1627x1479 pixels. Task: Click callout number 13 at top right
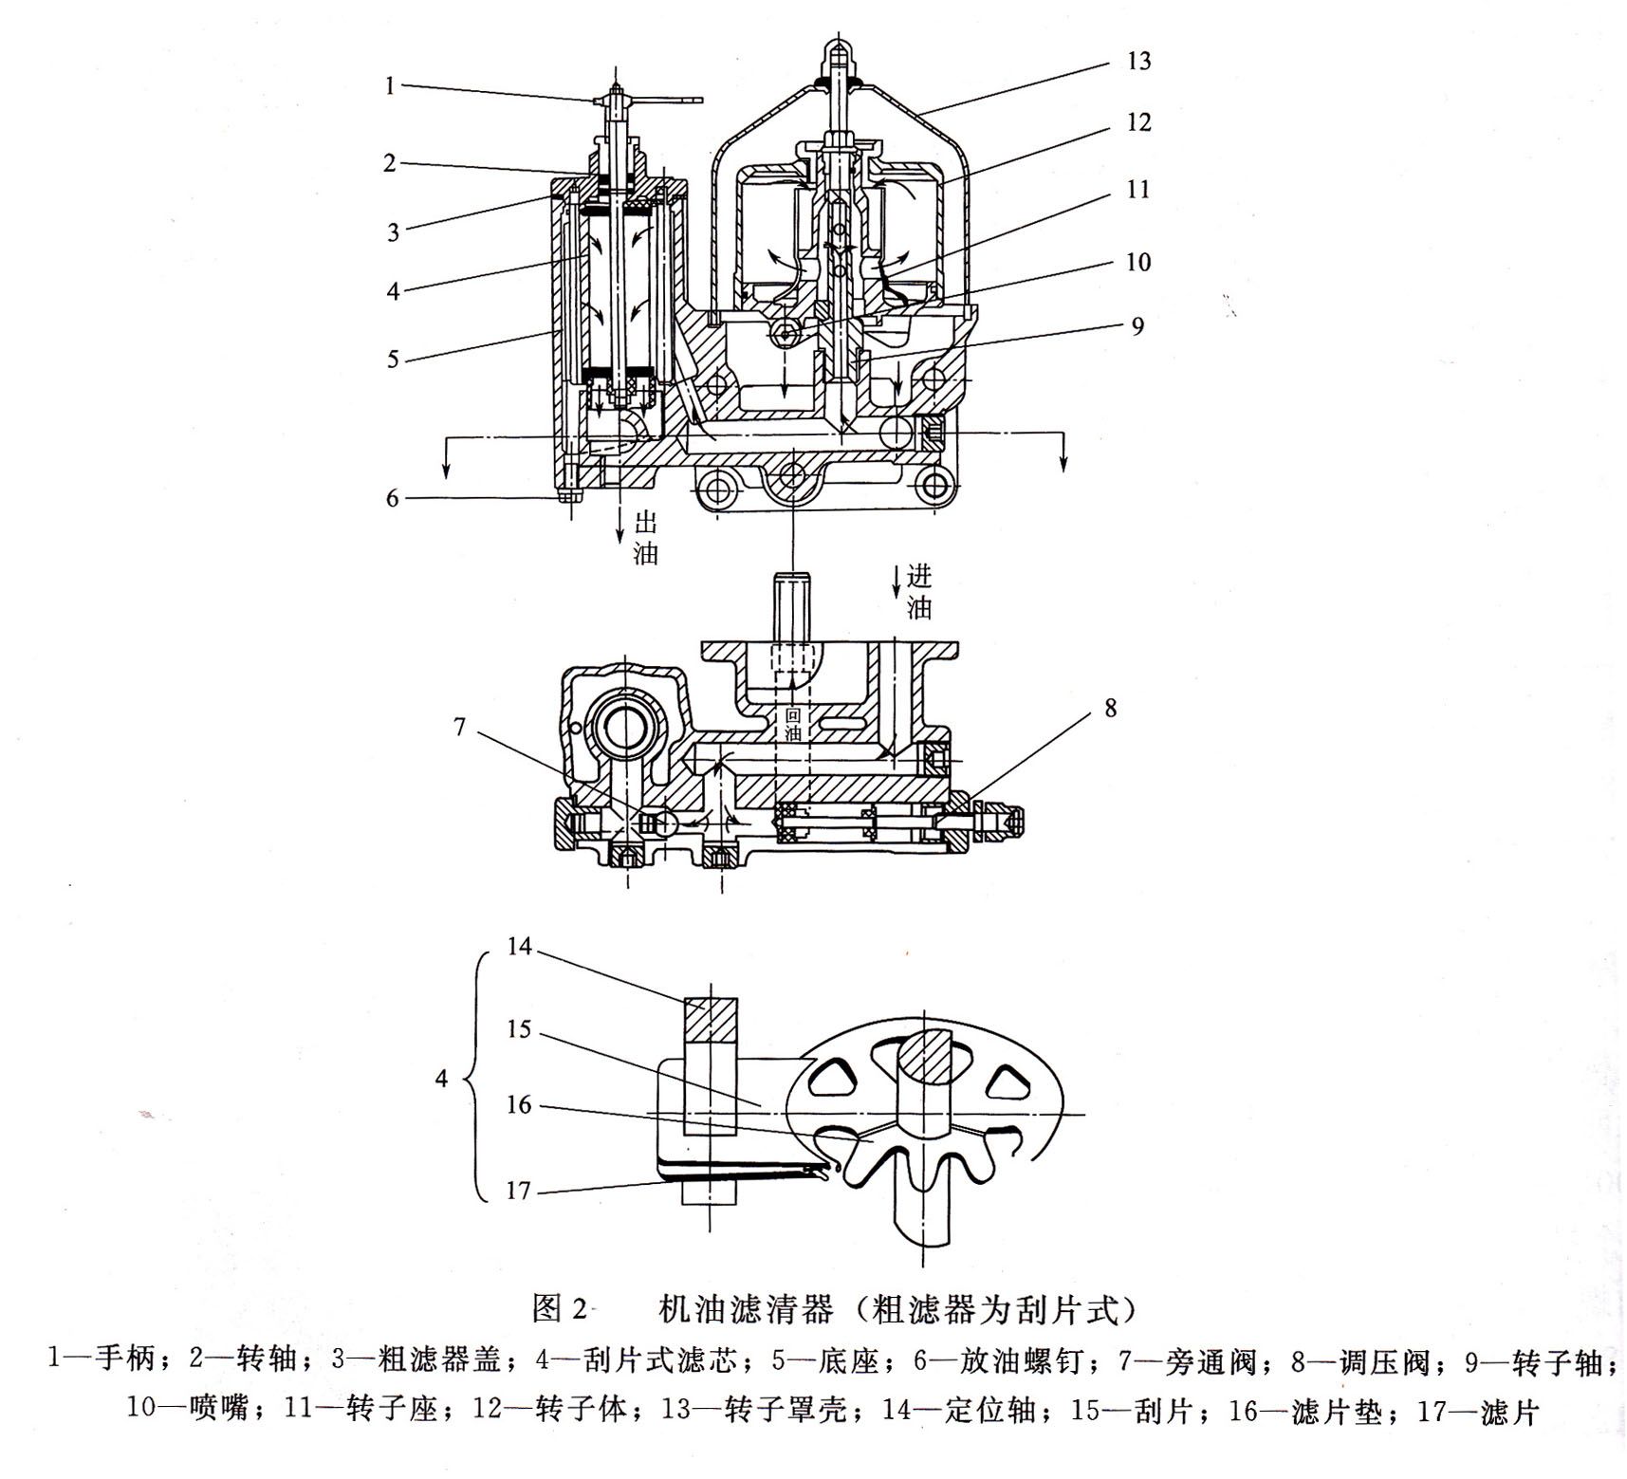click(1137, 62)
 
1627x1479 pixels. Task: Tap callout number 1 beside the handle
click(390, 86)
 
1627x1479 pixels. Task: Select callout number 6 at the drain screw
click(393, 497)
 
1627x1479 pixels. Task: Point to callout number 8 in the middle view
click(1111, 709)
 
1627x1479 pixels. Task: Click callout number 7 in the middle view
click(460, 728)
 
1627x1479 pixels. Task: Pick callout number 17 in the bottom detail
click(517, 1190)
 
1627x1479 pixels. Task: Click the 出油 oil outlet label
click(645, 538)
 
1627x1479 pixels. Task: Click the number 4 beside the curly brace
click(441, 1079)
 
